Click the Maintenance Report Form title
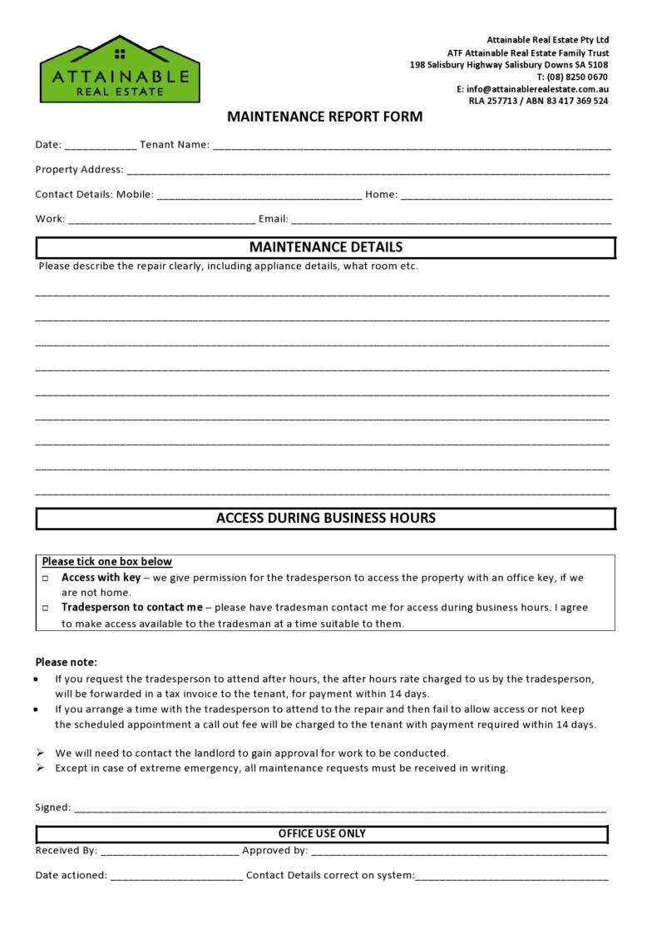click(x=325, y=117)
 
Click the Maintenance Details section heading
click(x=325, y=247)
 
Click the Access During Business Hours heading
click(x=325, y=518)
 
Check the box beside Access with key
click(x=46, y=578)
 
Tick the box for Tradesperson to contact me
click(x=46, y=609)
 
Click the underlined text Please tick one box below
click(x=107, y=562)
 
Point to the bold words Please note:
click(x=66, y=663)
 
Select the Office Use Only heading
click(x=322, y=833)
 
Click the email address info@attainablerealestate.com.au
click(x=537, y=89)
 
